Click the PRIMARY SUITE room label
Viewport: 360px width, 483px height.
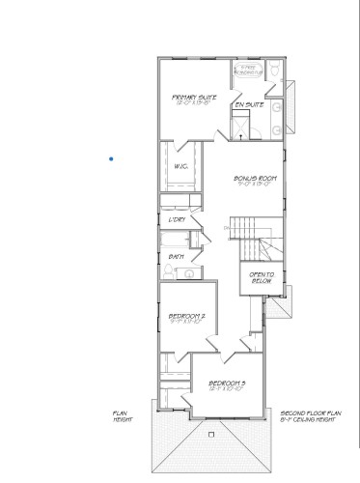(x=194, y=99)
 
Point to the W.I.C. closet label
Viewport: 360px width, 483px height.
(x=180, y=166)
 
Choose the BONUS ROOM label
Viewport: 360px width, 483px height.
(x=255, y=180)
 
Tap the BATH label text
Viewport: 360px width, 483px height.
(x=176, y=256)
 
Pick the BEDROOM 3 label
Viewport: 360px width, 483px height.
(x=228, y=384)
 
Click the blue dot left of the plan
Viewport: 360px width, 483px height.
(x=112, y=158)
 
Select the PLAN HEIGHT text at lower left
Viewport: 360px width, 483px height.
(x=122, y=415)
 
